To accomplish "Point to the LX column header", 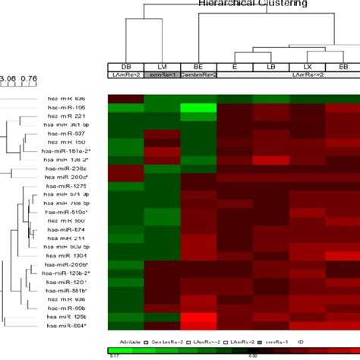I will [307, 67].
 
